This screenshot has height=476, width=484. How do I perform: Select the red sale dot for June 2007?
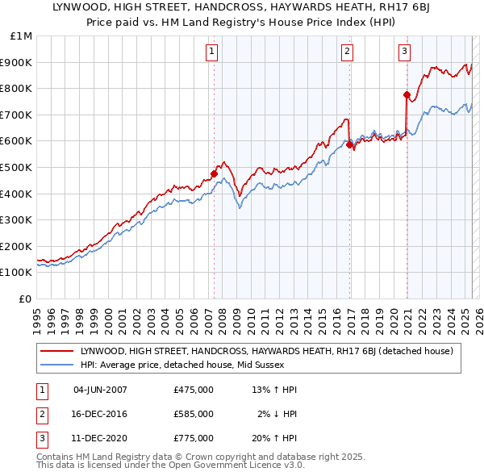tap(215, 173)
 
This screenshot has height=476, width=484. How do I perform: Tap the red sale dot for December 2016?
tap(349, 144)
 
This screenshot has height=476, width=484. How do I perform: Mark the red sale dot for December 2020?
tap(407, 94)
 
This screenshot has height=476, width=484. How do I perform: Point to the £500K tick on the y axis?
tap(19, 167)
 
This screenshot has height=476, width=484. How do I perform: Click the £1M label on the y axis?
tap(22, 35)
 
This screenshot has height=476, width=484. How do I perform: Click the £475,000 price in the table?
tap(193, 390)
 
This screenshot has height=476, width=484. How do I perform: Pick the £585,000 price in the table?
tap(193, 414)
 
